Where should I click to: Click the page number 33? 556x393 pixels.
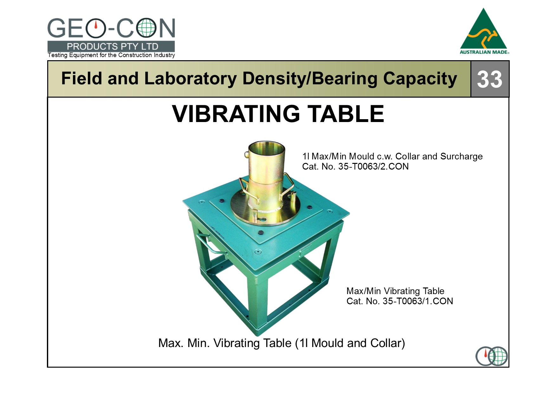click(x=489, y=79)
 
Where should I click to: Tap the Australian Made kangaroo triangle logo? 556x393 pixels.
click(x=484, y=31)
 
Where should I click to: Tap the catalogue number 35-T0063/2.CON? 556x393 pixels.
click(x=373, y=166)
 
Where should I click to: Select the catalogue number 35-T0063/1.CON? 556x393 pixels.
click(x=418, y=301)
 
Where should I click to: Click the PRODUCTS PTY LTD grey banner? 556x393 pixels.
click(x=111, y=46)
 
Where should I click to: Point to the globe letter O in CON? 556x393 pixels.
click(x=146, y=28)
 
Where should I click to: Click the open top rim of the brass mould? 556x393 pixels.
click(x=266, y=146)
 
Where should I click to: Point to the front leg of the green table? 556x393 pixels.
click(x=257, y=304)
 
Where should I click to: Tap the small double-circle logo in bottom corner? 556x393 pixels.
click(x=492, y=356)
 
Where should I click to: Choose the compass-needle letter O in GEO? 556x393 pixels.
click(x=95, y=28)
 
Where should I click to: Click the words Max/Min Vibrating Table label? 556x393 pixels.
click(x=395, y=291)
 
